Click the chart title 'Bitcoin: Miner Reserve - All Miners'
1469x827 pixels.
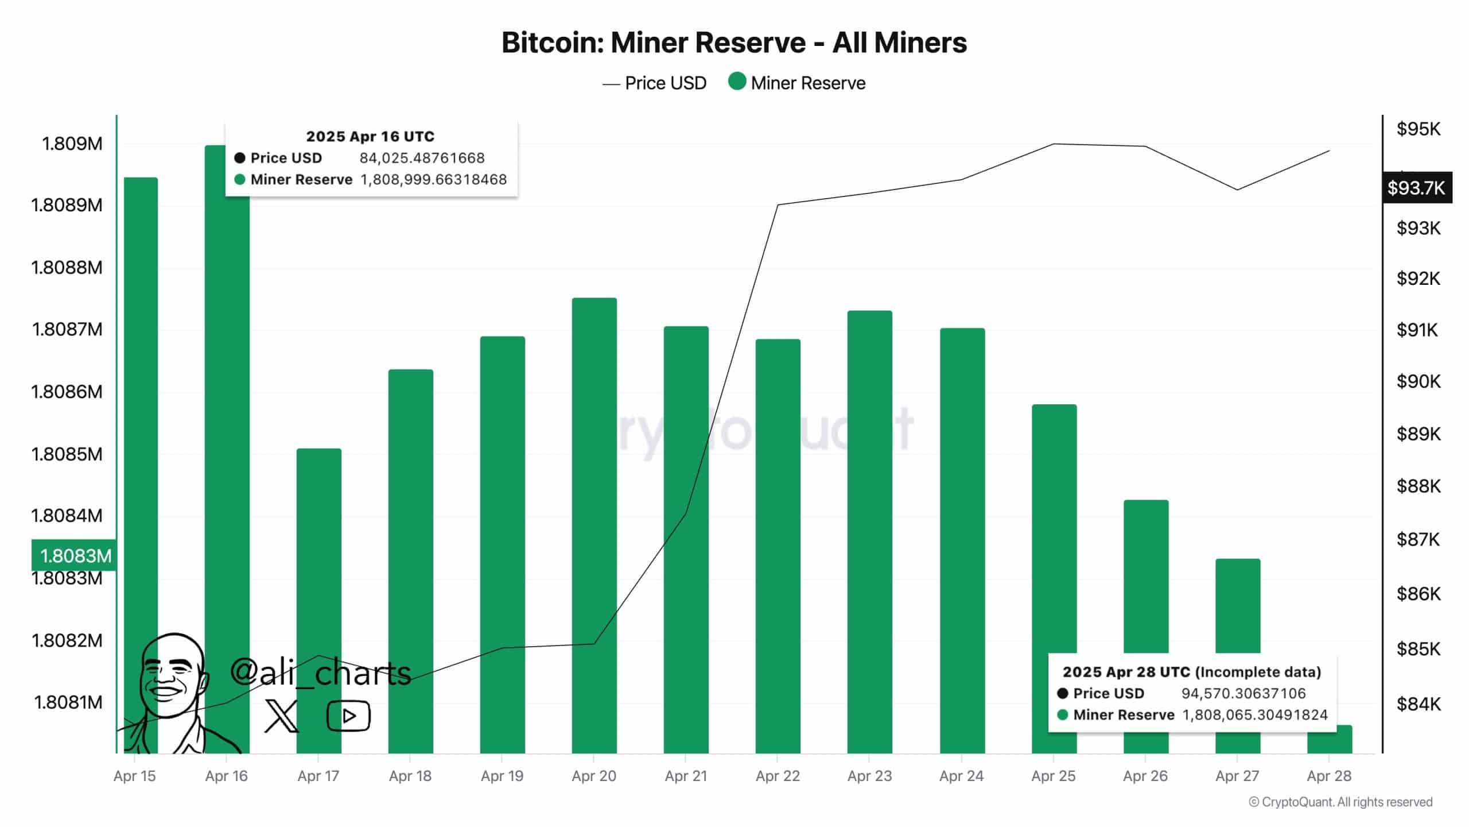734,42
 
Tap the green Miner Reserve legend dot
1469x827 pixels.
737,82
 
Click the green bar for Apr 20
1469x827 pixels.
594,517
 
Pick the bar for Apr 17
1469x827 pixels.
318,597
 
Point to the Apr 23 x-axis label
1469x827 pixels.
869,776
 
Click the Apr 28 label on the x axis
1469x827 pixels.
1329,776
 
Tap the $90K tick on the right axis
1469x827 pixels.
1418,381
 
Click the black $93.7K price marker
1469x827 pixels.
1416,188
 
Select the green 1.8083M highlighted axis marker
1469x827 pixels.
75,555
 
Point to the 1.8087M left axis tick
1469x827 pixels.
67,329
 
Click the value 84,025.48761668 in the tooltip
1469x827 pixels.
422,158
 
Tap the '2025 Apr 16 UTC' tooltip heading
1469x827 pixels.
370,136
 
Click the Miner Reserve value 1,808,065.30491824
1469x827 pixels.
1255,715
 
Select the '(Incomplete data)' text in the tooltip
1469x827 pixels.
1259,672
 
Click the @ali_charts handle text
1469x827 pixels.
320,673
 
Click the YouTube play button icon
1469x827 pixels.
348,716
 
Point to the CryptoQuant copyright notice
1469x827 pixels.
1340,802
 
